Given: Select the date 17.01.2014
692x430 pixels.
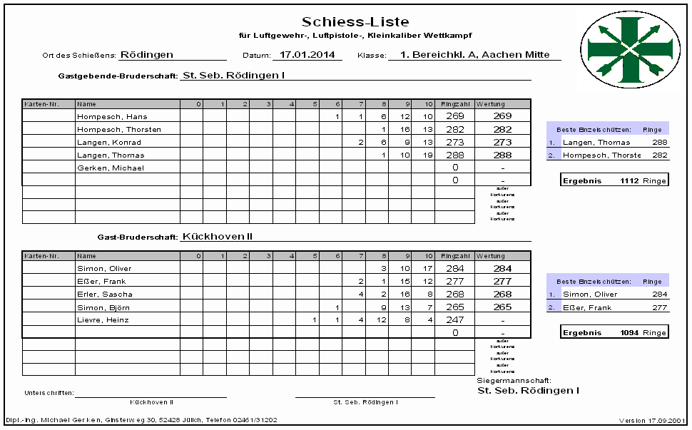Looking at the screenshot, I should click(306, 54).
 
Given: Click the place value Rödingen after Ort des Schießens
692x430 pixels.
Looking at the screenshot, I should click(147, 54).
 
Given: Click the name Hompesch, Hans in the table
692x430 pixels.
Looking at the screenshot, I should click(106, 116).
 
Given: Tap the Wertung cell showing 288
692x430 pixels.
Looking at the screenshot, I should click(502, 155).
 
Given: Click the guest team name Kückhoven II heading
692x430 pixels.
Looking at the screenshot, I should click(218, 236).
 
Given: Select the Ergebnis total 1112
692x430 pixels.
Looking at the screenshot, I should click(630, 180).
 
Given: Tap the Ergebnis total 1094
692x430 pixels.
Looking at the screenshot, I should click(630, 332).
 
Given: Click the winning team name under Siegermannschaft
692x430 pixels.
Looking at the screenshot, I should click(528, 391).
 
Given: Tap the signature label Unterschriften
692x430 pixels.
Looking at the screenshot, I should click(49, 393).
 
